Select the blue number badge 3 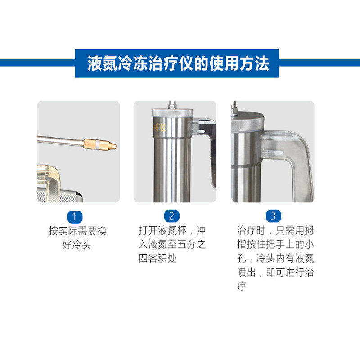pyautogui.click(x=273, y=216)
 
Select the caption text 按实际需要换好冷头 pyautogui.click(x=77, y=238)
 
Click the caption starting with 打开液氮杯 pyautogui.click(x=172, y=245)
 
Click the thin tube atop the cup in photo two pyautogui.click(x=171, y=104)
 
